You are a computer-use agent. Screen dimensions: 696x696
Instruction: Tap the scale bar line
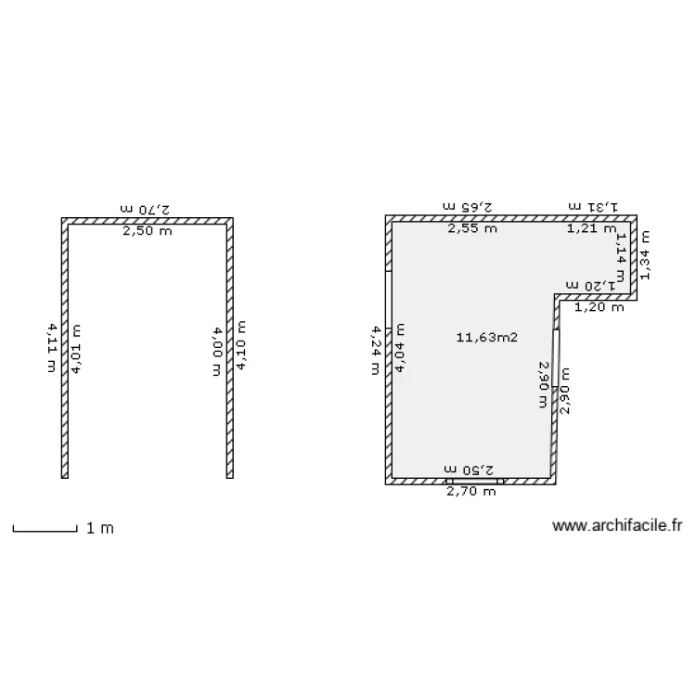click(x=44, y=531)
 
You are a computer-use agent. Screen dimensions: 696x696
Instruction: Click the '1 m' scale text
click(x=100, y=528)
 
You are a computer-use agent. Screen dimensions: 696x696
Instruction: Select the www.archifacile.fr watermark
click(x=617, y=526)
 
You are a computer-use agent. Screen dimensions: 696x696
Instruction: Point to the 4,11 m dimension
click(x=51, y=347)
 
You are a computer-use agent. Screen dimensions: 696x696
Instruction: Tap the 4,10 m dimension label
click(x=241, y=346)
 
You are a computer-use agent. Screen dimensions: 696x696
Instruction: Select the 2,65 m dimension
click(x=471, y=206)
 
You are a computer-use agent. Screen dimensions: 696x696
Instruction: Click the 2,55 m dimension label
click(x=471, y=228)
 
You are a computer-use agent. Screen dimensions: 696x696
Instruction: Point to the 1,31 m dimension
click(x=592, y=206)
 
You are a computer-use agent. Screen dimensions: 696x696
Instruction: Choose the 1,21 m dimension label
click(x=591, y=228)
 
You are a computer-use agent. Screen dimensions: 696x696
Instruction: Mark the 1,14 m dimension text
click(x=620, y=251)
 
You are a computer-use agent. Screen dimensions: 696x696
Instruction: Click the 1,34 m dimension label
click(x=645, y=254)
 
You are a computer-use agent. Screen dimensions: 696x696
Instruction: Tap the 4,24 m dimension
click(x=375, y=349)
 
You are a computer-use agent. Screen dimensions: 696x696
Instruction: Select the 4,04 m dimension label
click(x=400, y=349)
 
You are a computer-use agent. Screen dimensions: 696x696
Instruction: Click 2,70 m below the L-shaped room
click(x=471, y=492)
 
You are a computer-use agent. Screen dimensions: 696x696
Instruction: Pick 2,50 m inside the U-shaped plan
click(x=148, y=231)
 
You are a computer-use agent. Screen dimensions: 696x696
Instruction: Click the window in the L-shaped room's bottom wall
click(x=474, y=481)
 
